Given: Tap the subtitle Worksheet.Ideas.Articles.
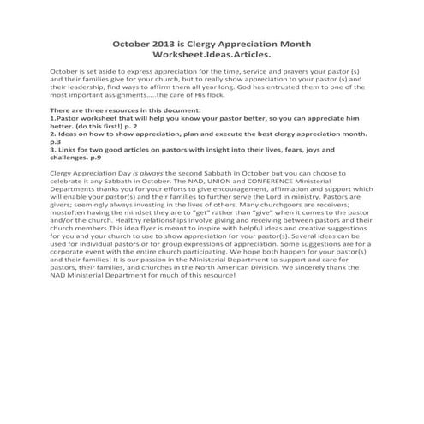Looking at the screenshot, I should (212, 55).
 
